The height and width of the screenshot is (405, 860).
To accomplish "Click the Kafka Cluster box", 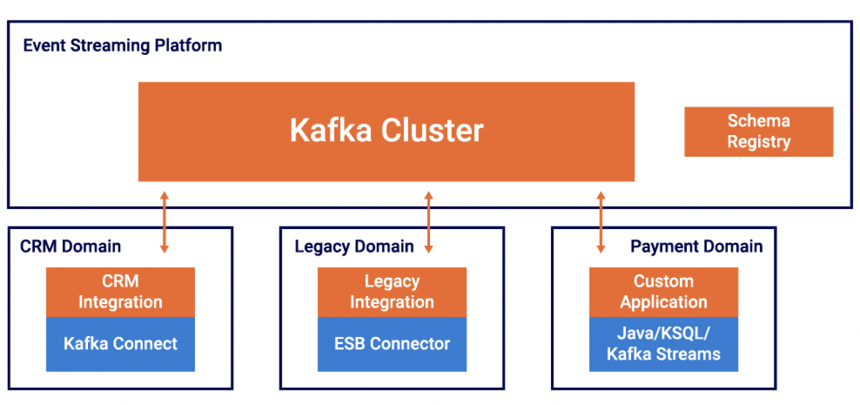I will [386, 132].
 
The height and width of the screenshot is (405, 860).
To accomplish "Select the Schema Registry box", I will [758, 132].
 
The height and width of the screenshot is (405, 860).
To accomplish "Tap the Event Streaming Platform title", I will [123, 45].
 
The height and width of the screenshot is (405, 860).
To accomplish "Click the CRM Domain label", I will [71, 246].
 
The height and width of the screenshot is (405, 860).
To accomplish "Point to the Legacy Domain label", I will [354, 246].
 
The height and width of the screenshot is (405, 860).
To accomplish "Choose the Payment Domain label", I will [696, 246].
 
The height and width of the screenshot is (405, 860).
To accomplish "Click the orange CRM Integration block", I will [120, 292].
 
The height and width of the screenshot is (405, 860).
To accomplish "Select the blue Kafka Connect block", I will [120, 343].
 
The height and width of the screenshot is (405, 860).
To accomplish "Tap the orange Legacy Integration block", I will [392, 292].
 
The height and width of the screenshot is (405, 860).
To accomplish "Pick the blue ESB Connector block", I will [392, 343].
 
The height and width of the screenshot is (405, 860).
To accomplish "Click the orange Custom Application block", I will [663, 292].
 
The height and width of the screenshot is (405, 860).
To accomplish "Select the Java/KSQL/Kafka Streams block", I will [663, 343].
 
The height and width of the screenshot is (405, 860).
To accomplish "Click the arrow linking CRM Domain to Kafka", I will [164, 222].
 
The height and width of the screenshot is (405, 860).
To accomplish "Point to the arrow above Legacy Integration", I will [428, 222].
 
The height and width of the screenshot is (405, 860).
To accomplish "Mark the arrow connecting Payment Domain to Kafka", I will [601, 222].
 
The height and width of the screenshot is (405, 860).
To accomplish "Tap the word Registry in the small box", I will [758, 142].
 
